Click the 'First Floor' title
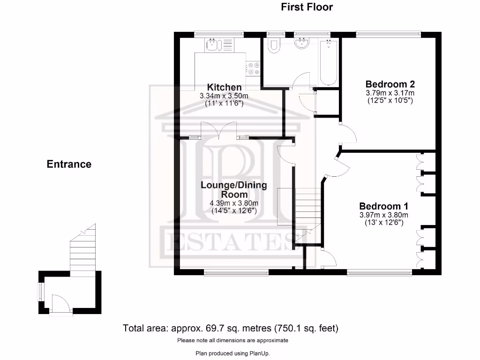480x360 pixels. (x=307, y=7)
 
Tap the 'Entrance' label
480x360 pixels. (x=69, y=164)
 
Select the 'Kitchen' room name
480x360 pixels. (x=225, y=87)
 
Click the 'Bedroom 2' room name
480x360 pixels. (x=390, y=84)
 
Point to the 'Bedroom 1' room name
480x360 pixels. (x=383, y=206)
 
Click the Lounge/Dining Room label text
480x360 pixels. (x=234, y=189)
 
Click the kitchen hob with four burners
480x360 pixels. (x=254, y=69)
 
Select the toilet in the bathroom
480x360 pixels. (x=273, y=45)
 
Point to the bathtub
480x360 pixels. (x=330, y=62)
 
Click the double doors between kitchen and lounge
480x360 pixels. (x=219, y=130)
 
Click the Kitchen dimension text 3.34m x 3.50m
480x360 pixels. (x=224, y=96)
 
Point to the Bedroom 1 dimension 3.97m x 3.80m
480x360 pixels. (x=383, y=215)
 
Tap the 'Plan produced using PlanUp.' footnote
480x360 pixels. (x=232, y=353)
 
